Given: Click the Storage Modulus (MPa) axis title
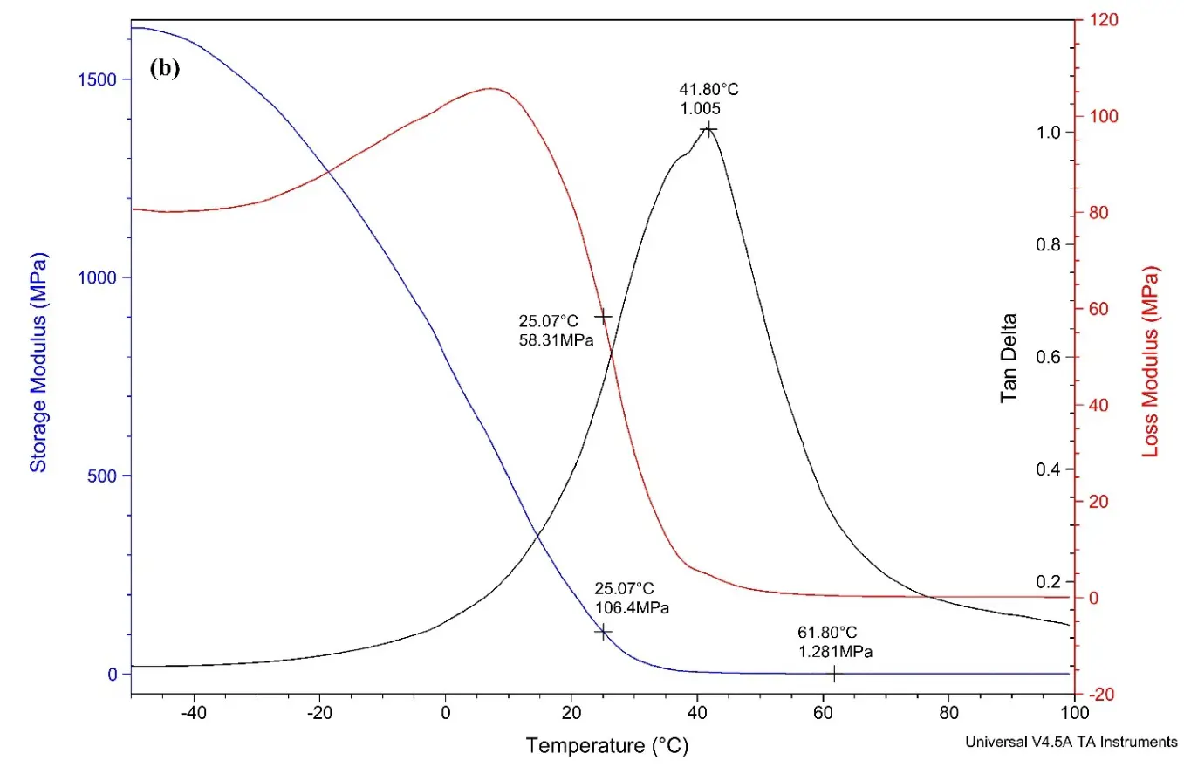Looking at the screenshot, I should click(x=38, y=362).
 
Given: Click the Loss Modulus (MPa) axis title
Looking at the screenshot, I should click(x=1151, y=362).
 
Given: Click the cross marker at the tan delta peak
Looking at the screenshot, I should click(x=709, y=129).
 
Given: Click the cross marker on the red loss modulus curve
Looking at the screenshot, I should click(x=602, y=316).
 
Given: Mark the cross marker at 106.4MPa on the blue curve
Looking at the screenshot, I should click(x=603, y=631).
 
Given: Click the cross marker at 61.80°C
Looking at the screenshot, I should click(x=833, y=674).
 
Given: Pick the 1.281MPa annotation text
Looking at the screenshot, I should click(x=835, y=652).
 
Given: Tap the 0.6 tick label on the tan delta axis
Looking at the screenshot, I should click(x=1045, y=358).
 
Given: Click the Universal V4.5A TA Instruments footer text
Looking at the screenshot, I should click(x=1071, y=742).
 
